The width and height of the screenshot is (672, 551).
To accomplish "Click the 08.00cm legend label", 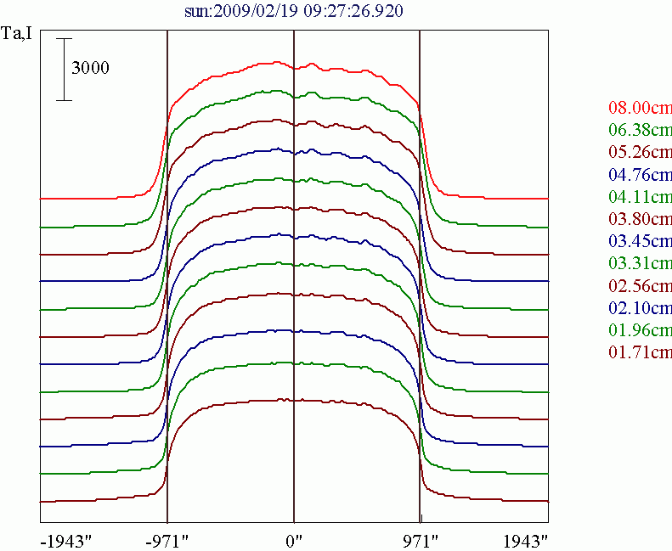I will (640, 109).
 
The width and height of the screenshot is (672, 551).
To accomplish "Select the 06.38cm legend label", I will (640, 131).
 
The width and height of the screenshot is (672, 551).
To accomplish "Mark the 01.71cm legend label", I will (640, 351).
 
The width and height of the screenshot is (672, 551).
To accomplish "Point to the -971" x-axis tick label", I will (167, 540).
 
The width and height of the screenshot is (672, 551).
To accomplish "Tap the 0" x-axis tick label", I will (294, 540).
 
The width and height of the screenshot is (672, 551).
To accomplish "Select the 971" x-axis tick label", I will (420, 540).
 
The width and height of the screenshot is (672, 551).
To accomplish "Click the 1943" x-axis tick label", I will (523, 540).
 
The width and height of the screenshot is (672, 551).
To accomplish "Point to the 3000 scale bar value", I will (90, 69).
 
